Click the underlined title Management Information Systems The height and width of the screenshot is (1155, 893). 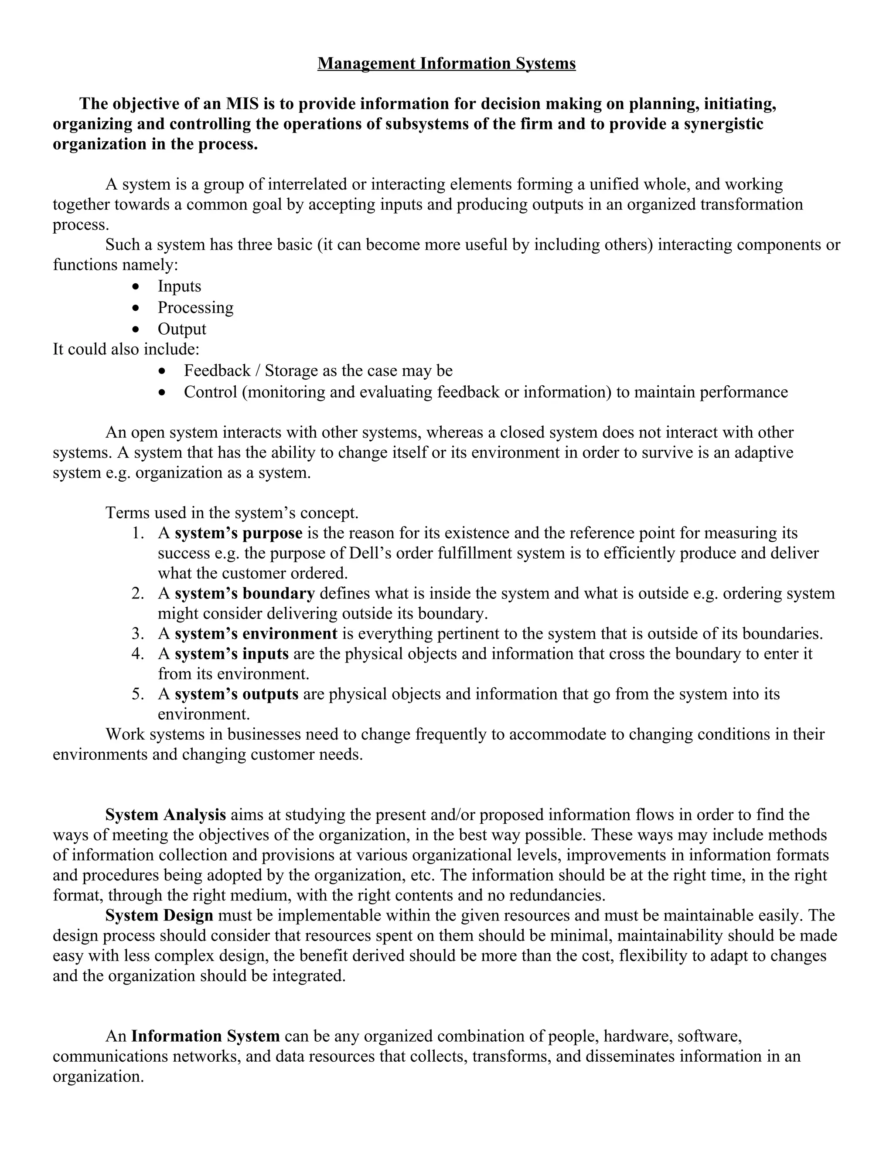click(446, 64)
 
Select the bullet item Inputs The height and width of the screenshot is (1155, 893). click(179, 286)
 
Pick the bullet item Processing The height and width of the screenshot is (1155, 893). click(195, 307)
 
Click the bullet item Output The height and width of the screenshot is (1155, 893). click(181, 329)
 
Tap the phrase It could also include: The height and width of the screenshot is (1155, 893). click(126, 349)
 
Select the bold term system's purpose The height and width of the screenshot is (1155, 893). click(239, 533)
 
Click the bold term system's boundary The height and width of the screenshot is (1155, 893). click(245, 593)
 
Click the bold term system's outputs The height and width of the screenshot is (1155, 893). click(236, 694)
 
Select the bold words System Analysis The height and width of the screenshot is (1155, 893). click(166, 815)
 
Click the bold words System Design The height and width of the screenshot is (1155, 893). click(159, 915)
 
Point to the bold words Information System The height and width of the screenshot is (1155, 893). click(205, 1036)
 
